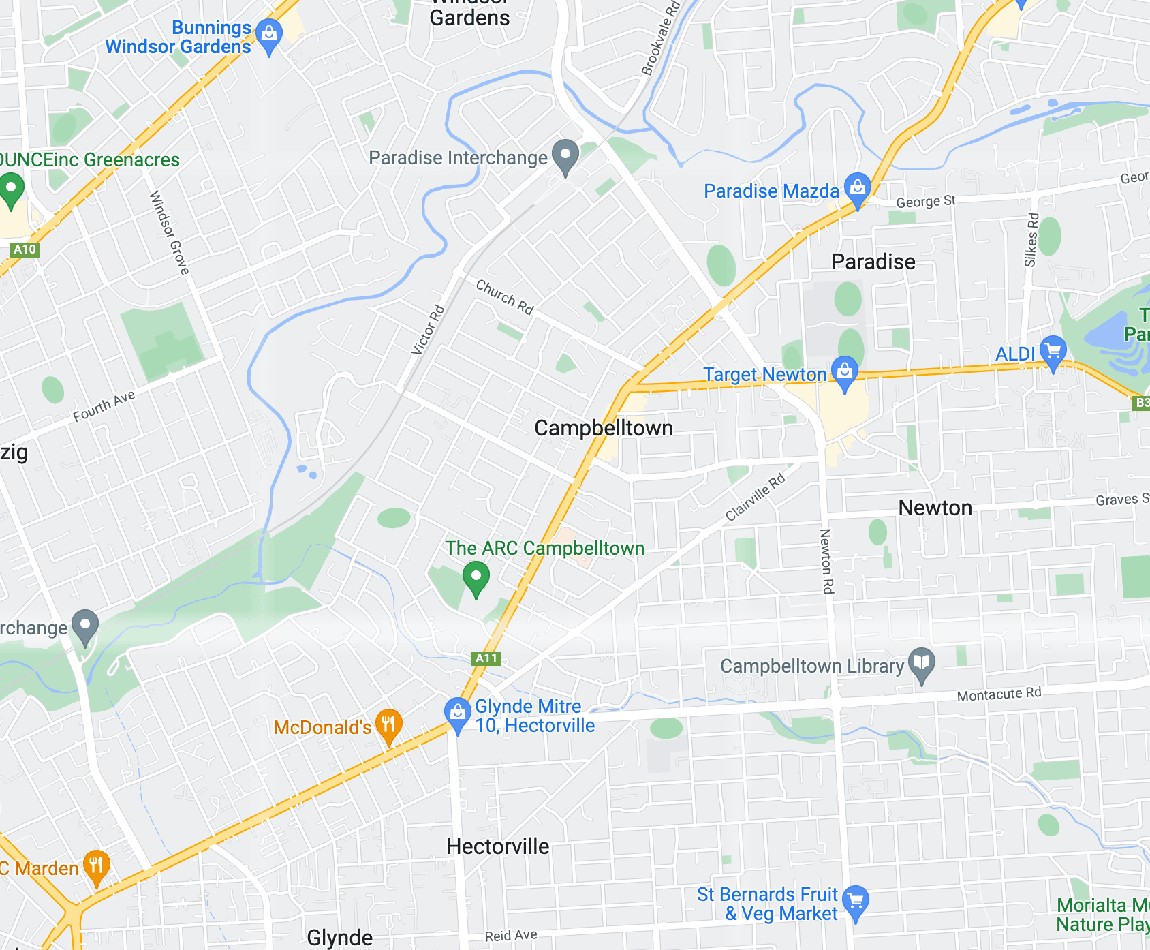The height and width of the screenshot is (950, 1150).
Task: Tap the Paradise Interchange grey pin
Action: click(x=565, y=156)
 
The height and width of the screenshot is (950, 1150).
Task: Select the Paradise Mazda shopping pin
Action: click(x=857, y=189)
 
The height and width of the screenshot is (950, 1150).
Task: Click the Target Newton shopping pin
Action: click(x=845, y=372)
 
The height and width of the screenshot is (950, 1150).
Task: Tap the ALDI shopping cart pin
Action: click(x=1053, y=352)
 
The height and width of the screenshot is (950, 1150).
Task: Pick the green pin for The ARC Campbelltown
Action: click(x=476, y=578)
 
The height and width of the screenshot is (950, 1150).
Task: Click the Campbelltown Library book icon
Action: click(x=922, y=664)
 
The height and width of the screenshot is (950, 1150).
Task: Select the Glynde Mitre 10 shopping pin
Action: click(x=457, y=714)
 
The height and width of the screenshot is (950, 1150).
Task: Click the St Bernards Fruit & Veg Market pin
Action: click(x=856, y=902)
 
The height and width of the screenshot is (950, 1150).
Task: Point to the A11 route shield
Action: click(x=486, y=658)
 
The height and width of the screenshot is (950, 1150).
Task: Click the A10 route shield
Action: click(x=25, y=249)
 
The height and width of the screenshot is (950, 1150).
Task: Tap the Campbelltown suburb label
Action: click(x=603, y=428)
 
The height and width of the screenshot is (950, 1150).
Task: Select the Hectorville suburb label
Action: click(x=497, y=846)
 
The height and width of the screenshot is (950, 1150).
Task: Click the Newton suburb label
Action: click(x=935, y=508)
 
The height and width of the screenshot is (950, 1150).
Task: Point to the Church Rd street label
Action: click(x=504, y=297)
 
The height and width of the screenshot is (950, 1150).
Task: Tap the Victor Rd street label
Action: click(x=428, y=331)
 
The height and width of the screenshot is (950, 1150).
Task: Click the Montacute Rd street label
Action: click(x=999, y=694)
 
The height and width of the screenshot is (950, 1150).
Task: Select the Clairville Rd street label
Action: click(x=755, y=497)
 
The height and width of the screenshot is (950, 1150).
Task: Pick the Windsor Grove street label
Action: click(x=169, y=233)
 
